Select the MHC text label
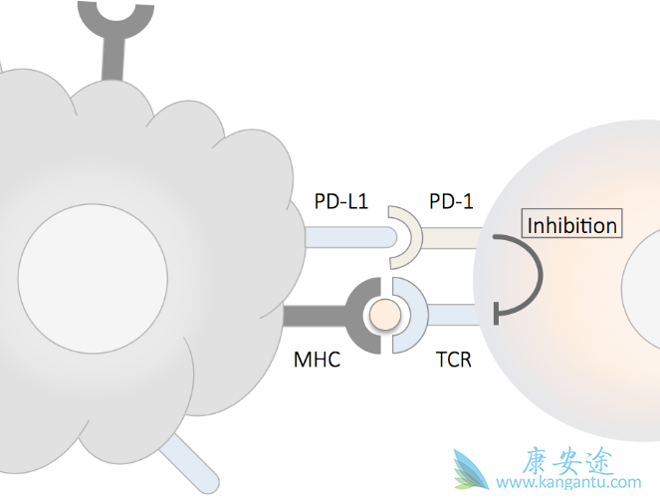317,360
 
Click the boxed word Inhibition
572,225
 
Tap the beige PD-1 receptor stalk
453,237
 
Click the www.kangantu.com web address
568,483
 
